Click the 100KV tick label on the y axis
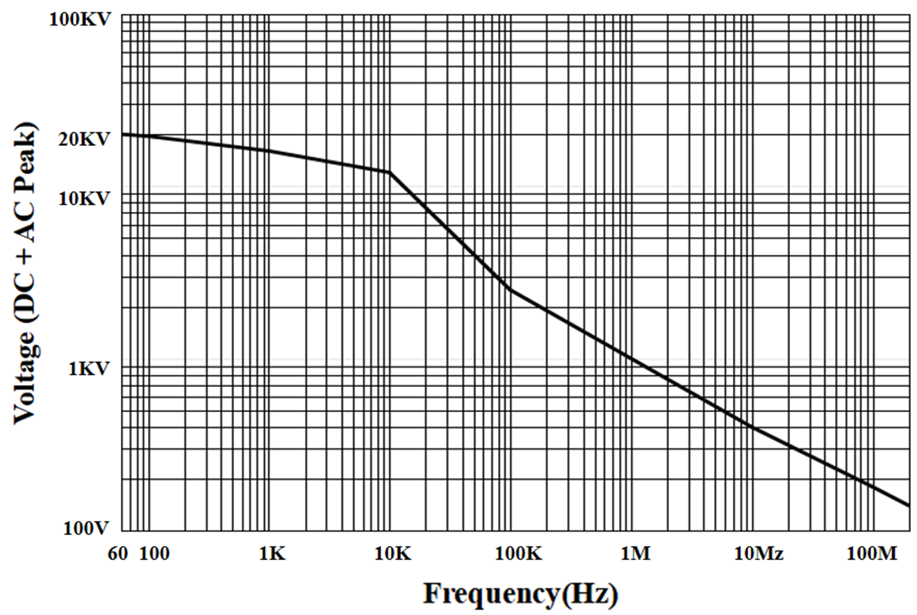point(79,19)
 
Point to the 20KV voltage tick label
point(85,139)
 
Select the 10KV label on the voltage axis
point(85,199)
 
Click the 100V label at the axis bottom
point(86,529)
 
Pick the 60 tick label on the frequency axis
point(118,553)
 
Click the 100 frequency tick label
point(154,553)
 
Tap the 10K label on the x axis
point(393,553)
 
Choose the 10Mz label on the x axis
point(759,553)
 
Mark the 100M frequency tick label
point(873,553)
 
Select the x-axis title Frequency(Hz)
point(520,594)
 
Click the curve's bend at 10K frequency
point(389,172)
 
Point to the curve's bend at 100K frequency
point(511,289)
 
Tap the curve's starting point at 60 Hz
point(123,134)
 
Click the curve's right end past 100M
point(909,505)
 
